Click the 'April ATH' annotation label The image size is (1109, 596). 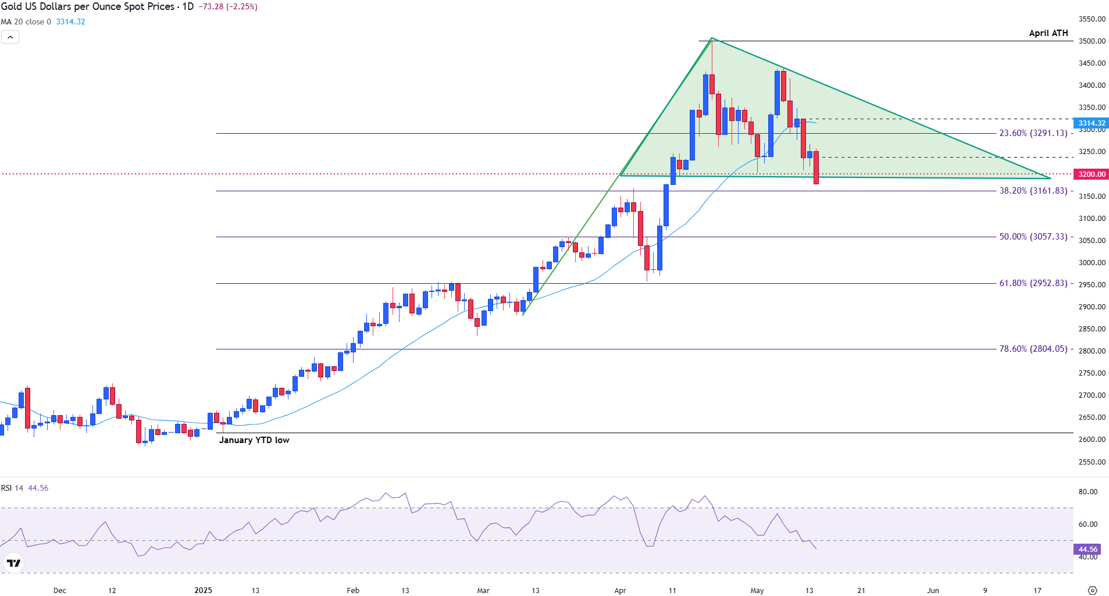click(1048, 33)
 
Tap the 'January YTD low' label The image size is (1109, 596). click(254, 440)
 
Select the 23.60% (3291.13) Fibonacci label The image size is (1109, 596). click(1033, 133)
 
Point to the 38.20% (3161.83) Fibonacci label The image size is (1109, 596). click(1033, 191)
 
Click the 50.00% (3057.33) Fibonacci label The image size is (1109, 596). click(1033, 237)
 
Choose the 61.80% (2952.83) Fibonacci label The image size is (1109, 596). click(1033, 283)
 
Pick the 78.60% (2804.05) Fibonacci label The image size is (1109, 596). click(1033, 349)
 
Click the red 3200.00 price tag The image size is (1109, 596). click(1092, 174)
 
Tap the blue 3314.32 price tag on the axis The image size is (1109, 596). click(1092, 123)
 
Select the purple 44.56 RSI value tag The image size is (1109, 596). click(1087, 549)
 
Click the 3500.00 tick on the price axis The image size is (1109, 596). click(1092, 41)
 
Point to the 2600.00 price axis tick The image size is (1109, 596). click(1092, 440)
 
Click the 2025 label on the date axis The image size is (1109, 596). click(203, 590)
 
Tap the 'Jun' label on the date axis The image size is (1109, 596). click(933, 590)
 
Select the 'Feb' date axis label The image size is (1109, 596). click(353, 590)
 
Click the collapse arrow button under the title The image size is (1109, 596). click(10, 37)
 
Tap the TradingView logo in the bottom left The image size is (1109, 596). click(13, 563)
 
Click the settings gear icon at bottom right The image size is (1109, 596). click(1092, 590)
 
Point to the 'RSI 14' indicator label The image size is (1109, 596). click(12, 488)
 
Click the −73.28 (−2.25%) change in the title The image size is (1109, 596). click(227, 6)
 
